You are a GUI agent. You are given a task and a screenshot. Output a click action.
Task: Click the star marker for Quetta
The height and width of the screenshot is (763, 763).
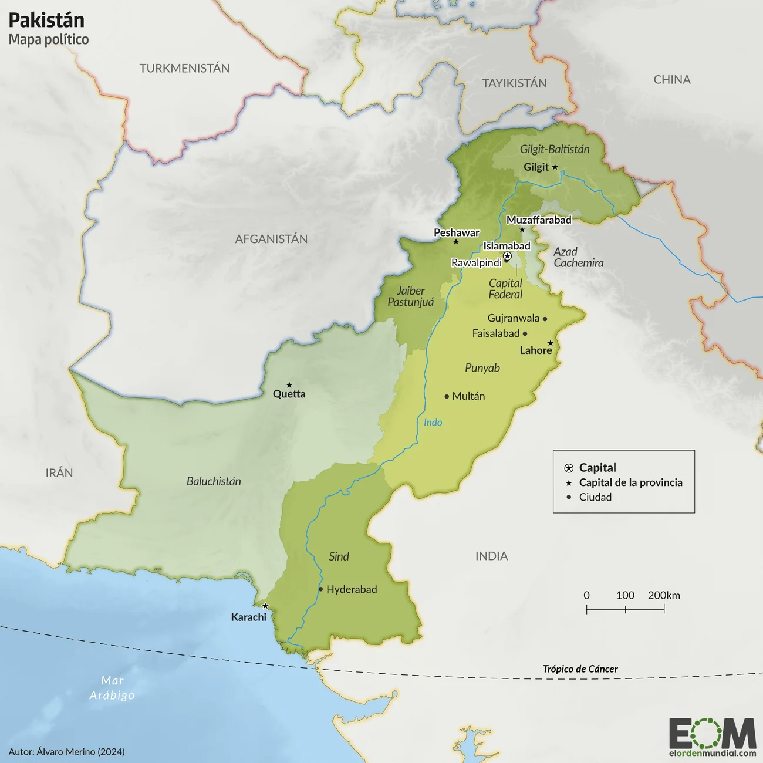coord(289,385)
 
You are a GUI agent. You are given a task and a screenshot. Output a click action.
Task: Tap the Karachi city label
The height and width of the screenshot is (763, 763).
coord(249,617)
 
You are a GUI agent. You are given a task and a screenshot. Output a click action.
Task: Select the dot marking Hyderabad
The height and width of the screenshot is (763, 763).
coord(320,589)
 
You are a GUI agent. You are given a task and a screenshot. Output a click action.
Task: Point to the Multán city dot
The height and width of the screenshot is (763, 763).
coord(447,397)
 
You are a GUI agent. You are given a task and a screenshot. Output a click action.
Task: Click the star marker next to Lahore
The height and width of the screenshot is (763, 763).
coord(551,343)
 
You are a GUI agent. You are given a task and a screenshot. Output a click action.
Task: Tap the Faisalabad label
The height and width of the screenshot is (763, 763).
coord(496,333)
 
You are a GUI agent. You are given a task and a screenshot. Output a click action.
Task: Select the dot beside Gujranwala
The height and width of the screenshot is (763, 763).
coord(545,319)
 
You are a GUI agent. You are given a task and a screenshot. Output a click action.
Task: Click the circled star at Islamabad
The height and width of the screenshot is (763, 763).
coord(508,256)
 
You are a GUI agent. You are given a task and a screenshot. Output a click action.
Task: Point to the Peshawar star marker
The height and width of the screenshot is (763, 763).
coord(455,242)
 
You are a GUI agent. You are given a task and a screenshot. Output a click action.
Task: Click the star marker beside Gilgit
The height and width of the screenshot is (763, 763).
coord(555,167)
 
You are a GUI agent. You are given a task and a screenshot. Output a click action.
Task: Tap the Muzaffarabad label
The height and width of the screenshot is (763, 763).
coord(539,220)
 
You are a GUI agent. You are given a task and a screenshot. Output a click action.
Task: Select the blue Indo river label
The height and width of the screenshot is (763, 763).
coord(433,423)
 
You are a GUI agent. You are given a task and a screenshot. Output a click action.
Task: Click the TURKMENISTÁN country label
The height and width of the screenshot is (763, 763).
coord(184,69)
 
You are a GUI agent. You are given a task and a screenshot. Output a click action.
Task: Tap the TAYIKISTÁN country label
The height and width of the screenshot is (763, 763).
coord(514,83)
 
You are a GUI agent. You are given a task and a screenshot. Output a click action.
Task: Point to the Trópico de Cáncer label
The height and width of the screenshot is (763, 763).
coord(580,669)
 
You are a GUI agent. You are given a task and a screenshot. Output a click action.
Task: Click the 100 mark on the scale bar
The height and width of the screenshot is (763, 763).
coord(625,595)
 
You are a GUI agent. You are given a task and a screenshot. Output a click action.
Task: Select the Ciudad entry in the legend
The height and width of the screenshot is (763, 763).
coord(595,497)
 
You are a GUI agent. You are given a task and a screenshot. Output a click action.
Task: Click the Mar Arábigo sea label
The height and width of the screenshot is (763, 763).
coord(112,688)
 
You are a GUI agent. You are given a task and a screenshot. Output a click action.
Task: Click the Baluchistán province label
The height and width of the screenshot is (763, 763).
coord(214,481)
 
